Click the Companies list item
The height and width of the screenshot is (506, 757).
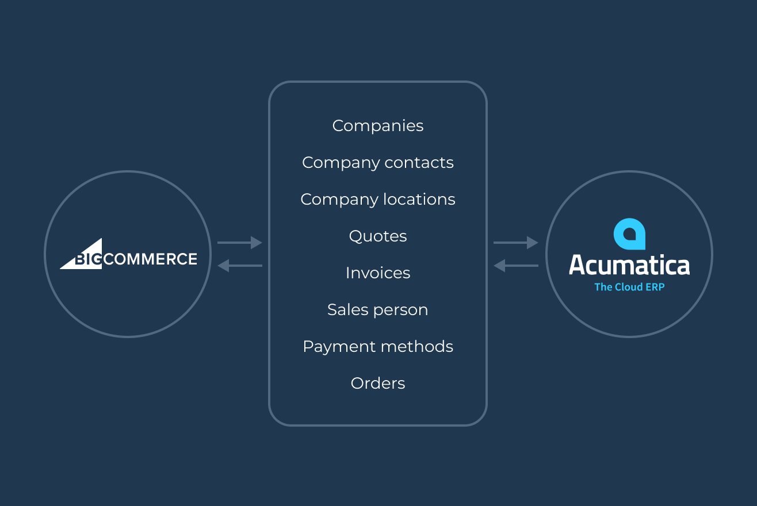[x=378, y=126]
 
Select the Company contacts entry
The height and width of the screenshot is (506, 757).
[x=378, y=163]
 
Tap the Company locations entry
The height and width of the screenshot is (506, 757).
[x=378, y=200]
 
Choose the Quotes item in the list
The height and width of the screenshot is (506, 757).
[x=378, y=236]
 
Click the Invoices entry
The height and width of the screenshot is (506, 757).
[x=378, y=273]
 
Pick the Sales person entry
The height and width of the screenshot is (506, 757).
[x=378, y=310]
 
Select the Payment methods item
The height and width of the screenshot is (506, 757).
[x=378, y=347]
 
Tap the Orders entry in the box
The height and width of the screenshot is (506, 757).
[x=378, y=384]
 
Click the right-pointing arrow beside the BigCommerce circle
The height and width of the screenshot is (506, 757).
[x=240, y=243]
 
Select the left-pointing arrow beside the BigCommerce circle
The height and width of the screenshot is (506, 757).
[x=240, y=266]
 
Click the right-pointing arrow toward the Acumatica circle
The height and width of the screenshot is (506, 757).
[x=516, y=243]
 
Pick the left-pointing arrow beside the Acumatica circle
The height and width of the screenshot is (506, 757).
[x=516, y=266]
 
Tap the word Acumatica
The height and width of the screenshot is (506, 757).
[x=629, y=265]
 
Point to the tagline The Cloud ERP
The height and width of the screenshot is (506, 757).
[x=629, y=287]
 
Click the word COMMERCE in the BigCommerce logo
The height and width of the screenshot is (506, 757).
[x=150, y=259]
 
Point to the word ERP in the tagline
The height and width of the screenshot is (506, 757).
[x=655, y=287]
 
